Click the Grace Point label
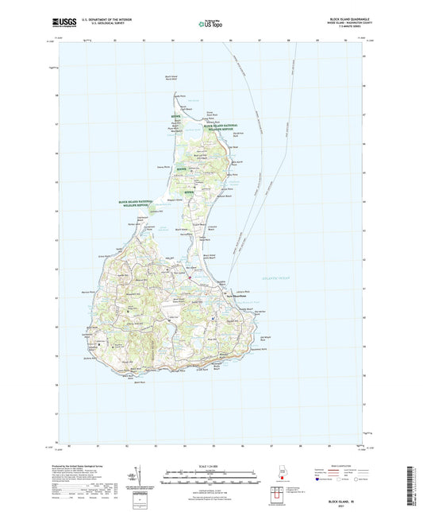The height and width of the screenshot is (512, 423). pyautogui.click(x=103, y=255)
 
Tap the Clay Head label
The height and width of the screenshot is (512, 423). pyautogui.click(x=234, y=146)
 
